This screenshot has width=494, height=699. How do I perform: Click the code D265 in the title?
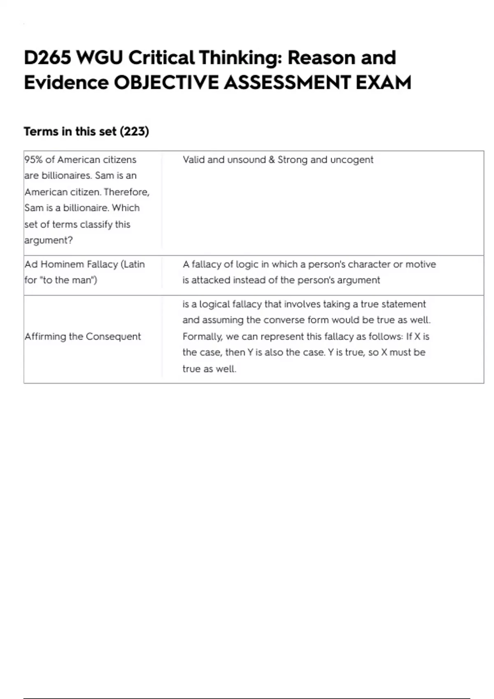click(47, 58)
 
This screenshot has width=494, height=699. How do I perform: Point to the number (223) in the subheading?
click(134, 132)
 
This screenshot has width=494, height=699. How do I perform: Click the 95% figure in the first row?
click(33, 160)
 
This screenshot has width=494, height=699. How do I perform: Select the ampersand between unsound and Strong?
click(272, 160)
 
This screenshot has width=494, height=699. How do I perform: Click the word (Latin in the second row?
click(133, 264)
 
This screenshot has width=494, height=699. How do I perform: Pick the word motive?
click(421, 264)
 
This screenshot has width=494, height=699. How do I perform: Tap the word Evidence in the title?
click(66, 83)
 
